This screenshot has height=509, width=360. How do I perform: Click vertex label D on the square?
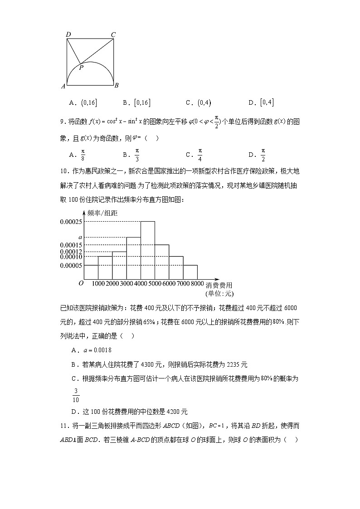68,34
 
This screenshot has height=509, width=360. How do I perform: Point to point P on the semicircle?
81,68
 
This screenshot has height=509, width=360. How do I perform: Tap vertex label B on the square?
117,85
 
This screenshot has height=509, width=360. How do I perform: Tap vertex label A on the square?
63,85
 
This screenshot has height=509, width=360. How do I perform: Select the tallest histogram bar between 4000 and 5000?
148,250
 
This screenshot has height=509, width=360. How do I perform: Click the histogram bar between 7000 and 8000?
190,272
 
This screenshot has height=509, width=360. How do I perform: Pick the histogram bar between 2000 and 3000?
119,265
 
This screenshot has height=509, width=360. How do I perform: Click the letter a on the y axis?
80,237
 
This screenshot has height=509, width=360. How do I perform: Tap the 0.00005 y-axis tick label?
70,265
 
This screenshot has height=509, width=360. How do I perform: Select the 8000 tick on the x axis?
197,284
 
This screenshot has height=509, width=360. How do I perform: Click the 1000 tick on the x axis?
98,284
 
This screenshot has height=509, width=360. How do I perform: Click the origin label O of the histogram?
81,283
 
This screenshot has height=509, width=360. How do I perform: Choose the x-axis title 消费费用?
219,285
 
